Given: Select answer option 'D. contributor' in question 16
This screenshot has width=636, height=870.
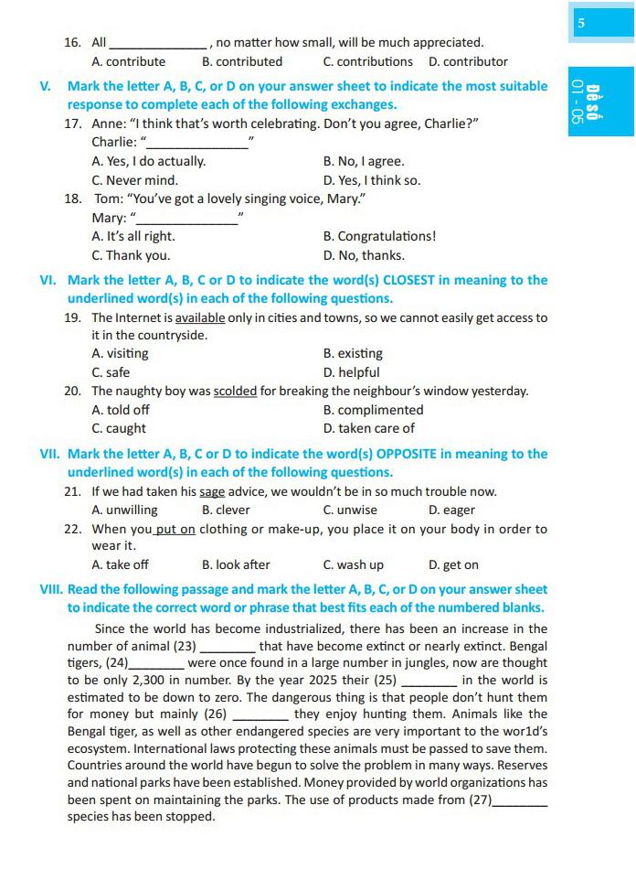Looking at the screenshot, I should click(468, 62).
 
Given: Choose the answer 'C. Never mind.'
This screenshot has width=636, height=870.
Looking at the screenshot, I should click(134, 180).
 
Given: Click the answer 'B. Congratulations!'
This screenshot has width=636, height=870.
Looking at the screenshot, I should click(379, 236).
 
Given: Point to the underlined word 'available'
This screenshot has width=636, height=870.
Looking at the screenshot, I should click(200, 318).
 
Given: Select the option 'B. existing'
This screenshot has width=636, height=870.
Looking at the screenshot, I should click(353, 353).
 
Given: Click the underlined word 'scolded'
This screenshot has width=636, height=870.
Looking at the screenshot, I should click(235, 392).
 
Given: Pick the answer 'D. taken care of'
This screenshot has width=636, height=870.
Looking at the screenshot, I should click(368, 428).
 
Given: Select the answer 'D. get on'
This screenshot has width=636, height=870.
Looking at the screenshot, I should click(453, 565).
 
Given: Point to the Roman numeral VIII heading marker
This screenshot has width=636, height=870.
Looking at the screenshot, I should click(51, 590).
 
